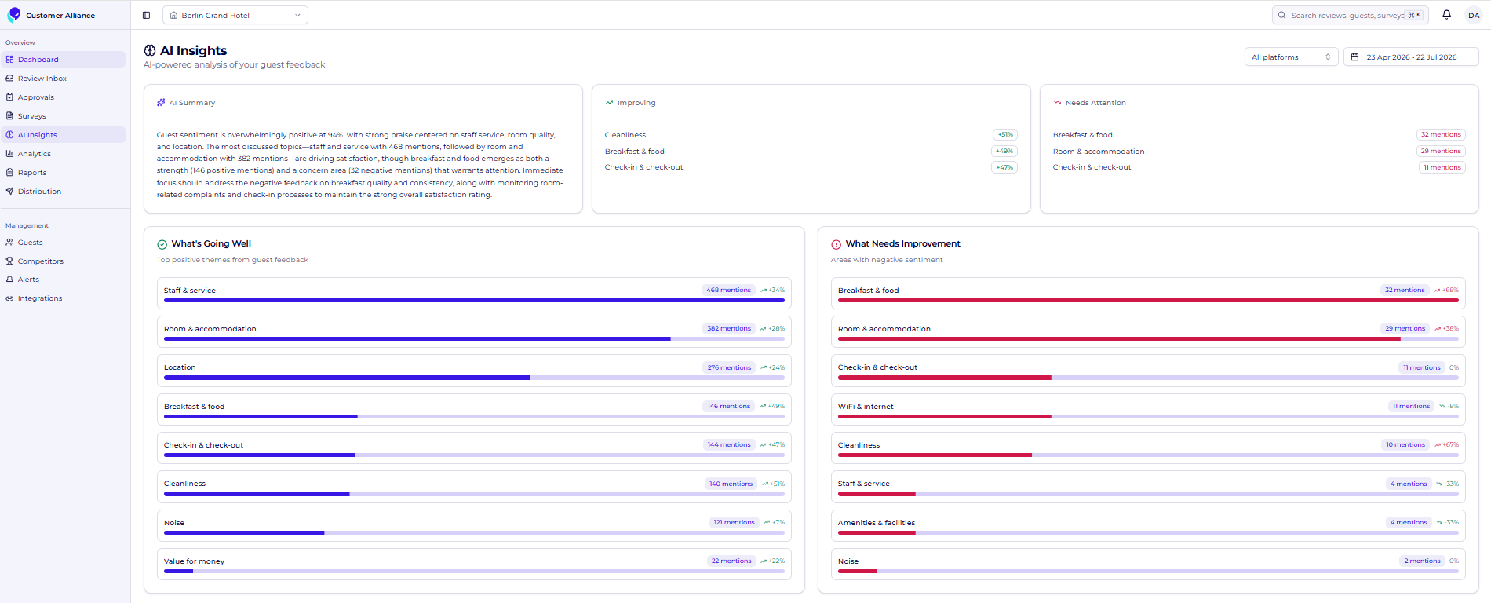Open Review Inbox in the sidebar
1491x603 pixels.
42,79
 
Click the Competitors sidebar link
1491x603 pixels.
40,261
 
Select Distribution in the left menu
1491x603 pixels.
39,192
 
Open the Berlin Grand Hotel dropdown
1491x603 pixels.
235,15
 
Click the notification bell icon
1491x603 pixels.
1447,15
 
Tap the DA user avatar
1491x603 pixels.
1474,15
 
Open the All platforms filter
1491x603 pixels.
1292,57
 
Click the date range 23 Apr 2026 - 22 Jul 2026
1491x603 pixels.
1411,57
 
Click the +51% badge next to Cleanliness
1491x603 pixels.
1005,135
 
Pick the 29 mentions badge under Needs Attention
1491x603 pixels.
1441,152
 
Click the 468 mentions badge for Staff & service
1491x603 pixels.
728,291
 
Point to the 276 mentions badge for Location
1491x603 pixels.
729,367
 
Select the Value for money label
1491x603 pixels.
194,561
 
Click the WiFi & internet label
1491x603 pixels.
866,407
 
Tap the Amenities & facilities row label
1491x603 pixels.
877,523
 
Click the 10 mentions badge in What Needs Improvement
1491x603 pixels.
1405,445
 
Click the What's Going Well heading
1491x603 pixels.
211,244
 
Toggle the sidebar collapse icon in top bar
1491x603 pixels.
146,15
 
